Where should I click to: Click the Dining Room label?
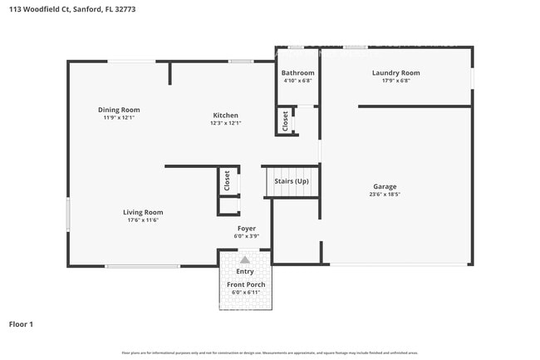tap(119, 110)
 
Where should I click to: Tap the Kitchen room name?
tap(225, 116)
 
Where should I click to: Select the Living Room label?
tap(143, 212)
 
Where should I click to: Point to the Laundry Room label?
tap(395, 73)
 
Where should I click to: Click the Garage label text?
tap(384, 186)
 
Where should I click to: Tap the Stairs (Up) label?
tap(292, 181)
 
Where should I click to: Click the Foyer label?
tap(246, 228)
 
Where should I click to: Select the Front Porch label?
tap(246, 285)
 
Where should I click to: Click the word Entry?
tap(245, 271)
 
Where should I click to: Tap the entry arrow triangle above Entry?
tap(245, 260)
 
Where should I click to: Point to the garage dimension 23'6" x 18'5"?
tap(384, 195)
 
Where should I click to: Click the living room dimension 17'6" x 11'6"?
tap(143, 220)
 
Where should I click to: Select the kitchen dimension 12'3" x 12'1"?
tap(225, 124)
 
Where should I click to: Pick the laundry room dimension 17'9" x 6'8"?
tap(395, 81)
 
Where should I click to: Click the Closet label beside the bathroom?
tap(285, 121)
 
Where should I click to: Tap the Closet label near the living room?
tap(226, 180)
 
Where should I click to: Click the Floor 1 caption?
tap(21, 323)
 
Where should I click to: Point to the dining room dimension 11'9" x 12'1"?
tap(119, 118)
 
